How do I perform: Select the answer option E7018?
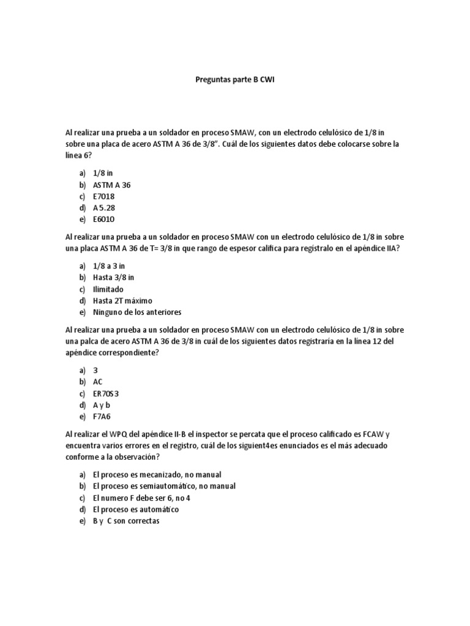tap(103, 196)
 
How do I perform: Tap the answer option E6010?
tap(103, 219)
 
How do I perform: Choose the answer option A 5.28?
tap(103, 208)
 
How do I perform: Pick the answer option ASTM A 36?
tap(111, 185)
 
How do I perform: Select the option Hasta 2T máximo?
tap(122, 301)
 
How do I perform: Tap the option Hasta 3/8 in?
tap(113, 278)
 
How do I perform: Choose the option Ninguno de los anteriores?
tap(137, 312)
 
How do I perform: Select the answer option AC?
tap(98, 382)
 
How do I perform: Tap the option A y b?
tap(102, 405)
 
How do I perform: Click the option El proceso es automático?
tap(136, 509)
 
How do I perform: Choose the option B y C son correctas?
tap(125, 521)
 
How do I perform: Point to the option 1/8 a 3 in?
tap(109, 266)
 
